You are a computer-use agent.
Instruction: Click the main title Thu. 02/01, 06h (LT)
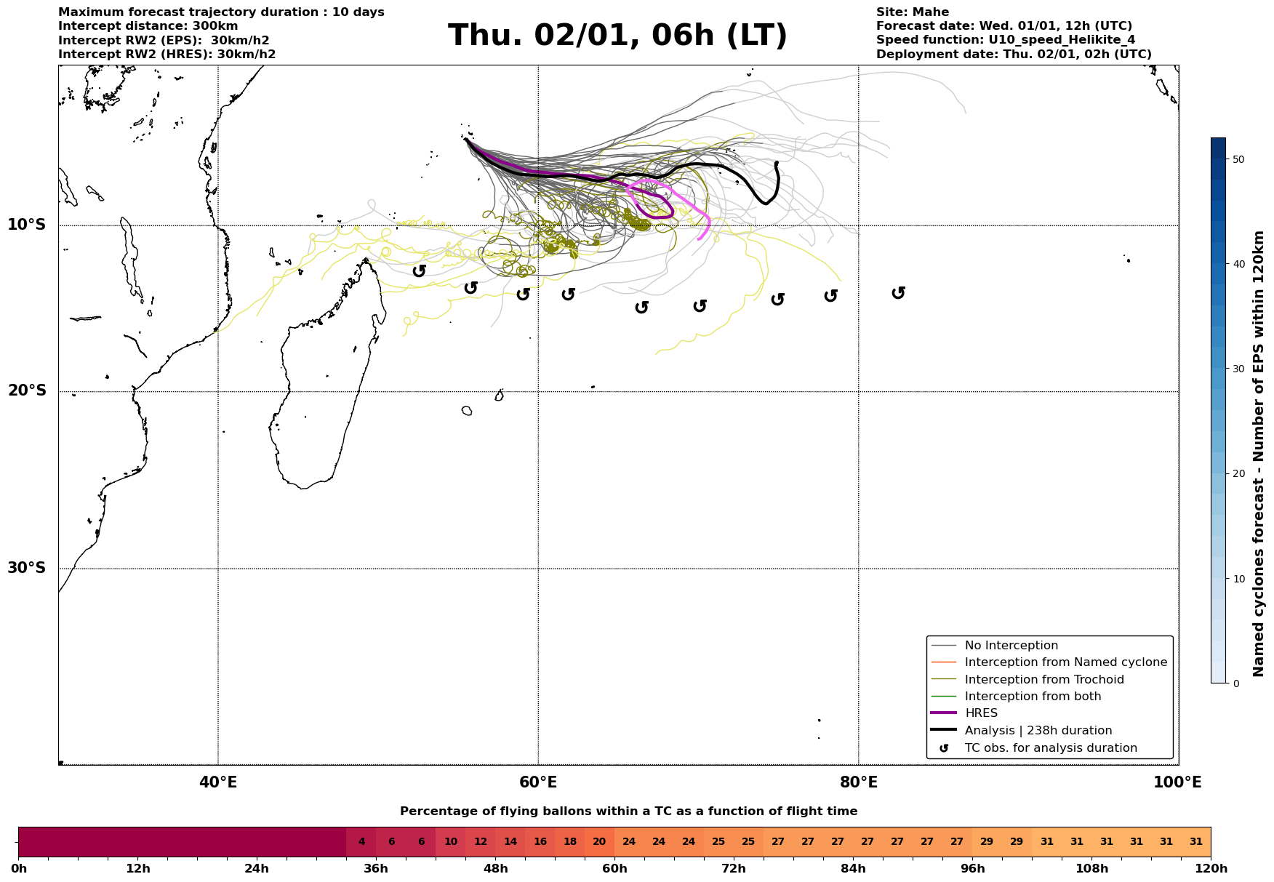[617, 36]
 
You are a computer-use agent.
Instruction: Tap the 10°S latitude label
[27, 225]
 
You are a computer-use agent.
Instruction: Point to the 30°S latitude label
[27, 568]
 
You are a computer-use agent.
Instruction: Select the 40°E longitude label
[218, 782]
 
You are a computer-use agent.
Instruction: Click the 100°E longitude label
[1177, 782]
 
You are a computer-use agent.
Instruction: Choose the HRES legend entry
[981, 713]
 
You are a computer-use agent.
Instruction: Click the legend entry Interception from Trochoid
[1043, 680]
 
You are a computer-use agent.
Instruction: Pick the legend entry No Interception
[1011, 646]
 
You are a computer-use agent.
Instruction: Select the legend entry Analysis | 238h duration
[1038, 731]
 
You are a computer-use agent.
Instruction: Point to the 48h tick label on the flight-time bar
[495, 869]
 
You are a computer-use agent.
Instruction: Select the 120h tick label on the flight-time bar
[1210, 869]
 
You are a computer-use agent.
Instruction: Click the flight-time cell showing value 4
[361, 842]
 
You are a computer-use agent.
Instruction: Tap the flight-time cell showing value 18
[570, 842]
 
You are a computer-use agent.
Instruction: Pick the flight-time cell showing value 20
[599, 842]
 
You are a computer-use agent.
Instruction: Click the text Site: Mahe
[912, 12]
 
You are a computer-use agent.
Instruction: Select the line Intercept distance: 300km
[148, 26]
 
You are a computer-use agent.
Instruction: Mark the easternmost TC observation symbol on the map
[898, 292]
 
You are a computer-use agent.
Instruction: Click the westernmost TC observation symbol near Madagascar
[419, 270]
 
